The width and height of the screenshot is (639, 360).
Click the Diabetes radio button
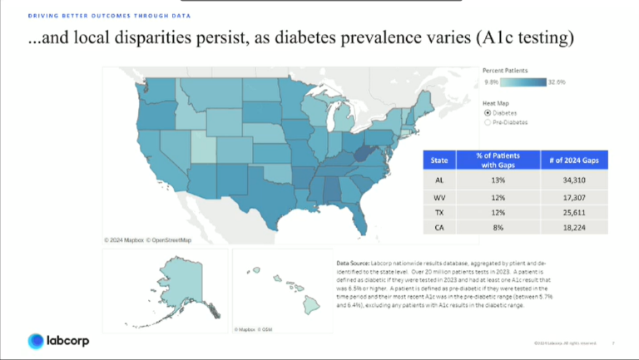click(x=488, y=112)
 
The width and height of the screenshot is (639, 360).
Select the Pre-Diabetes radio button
click(x=488, y=122)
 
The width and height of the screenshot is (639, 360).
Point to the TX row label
click(x=440, y=212)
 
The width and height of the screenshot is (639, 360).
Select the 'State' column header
click(x=440, y=160)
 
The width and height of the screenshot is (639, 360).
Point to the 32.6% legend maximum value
click(x=557, y=82)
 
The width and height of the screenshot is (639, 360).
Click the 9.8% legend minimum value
click(x=491, y=82)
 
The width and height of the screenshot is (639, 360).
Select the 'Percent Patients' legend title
click(x=505, y=71)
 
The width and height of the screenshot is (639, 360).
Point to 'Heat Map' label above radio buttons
click(x=496, y=102)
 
